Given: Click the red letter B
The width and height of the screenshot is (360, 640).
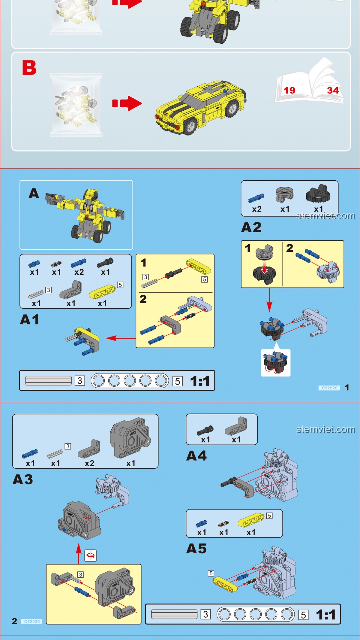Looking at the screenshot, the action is click(x=29, y=68).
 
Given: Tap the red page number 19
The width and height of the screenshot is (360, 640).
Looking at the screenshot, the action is click(x=289, y=90).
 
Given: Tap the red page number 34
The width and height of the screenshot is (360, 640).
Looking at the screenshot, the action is click(x=333, y=90).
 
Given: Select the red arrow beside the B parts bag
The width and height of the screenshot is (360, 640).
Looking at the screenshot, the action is click(x=127, y=103).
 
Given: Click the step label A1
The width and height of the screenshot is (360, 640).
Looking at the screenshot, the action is click(x=30, y=320).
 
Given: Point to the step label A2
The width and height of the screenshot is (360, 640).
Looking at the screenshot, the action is click(x=251, y=227).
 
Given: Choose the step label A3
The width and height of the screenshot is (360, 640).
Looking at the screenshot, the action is click(x=23, y=480).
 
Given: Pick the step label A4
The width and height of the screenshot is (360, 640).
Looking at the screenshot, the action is click(x=196, y=456).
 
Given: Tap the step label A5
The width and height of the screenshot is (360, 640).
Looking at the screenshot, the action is click(x=196, y=549).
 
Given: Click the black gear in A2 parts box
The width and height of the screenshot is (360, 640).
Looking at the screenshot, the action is click(x=318, y=193).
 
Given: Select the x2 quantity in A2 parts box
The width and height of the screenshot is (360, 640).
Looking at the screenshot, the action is click(x=257, y=209).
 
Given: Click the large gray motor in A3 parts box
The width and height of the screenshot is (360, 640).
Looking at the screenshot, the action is click(x=130, y=438).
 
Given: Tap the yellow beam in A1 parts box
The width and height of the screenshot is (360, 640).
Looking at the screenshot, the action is click(x=102, y=292).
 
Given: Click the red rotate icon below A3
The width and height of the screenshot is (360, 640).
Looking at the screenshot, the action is click(x=91, y=556).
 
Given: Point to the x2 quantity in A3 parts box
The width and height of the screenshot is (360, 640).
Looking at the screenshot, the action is click(x=89, y=463).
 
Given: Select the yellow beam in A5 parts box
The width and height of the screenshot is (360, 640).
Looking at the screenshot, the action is click(x=251, y=520).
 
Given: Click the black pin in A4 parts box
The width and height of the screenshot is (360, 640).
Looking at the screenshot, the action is click(x=205, y=430).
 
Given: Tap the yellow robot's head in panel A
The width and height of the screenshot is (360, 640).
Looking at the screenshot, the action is click(x=91, y=195).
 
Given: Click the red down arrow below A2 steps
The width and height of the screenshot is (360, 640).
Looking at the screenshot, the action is click(x=269, y=300).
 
